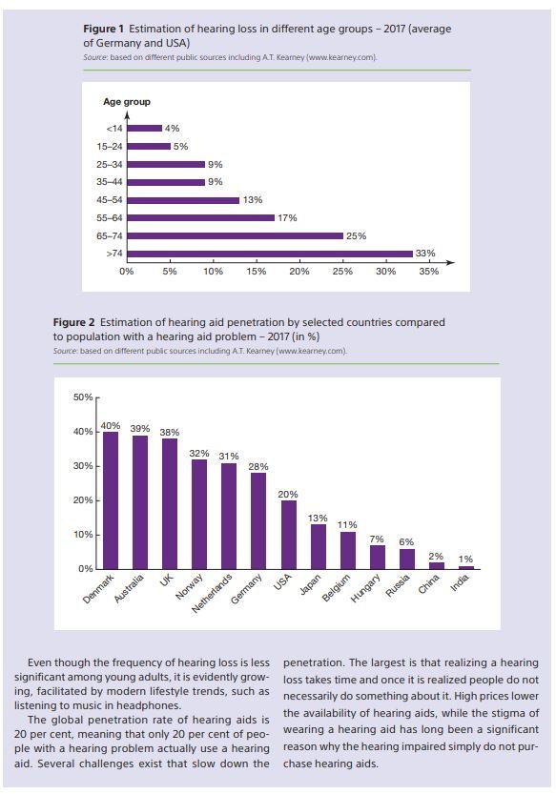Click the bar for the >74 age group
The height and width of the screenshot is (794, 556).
coord(270,254)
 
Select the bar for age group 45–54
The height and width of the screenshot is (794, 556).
coord(183,200)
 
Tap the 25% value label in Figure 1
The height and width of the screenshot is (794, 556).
coord(356,235)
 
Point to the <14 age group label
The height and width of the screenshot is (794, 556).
coord(114,129)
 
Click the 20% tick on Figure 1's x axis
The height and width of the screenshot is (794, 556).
coord(299,272)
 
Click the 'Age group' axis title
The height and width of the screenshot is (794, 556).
coord(127,102)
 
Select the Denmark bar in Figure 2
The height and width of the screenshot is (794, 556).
coord(111,500)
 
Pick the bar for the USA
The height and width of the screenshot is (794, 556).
coord(288,535)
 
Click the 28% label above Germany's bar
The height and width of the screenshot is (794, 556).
coord(257,467)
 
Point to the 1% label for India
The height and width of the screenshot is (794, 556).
coord(465,560)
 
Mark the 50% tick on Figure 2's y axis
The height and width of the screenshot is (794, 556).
coord(83,397)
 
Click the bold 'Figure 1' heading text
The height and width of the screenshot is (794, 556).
coord(103,29)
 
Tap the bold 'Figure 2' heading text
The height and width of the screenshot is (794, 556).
coord(73,323)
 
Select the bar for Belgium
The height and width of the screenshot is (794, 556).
coord(347,550)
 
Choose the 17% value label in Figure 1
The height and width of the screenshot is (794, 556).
coord(287,218)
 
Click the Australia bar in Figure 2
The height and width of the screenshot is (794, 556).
coord(140,502)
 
